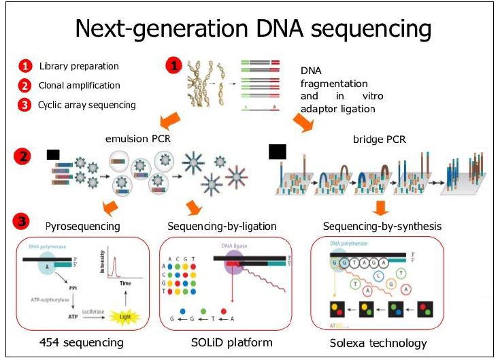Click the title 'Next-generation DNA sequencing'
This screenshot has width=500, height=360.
tap(252, 29)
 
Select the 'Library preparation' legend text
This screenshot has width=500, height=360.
tap(79, 66)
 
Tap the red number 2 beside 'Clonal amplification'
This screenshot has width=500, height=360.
tap(25, 86)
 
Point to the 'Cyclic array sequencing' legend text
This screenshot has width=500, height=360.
tap(86, 105)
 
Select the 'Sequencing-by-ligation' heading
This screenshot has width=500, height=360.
tap(221, 225)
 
